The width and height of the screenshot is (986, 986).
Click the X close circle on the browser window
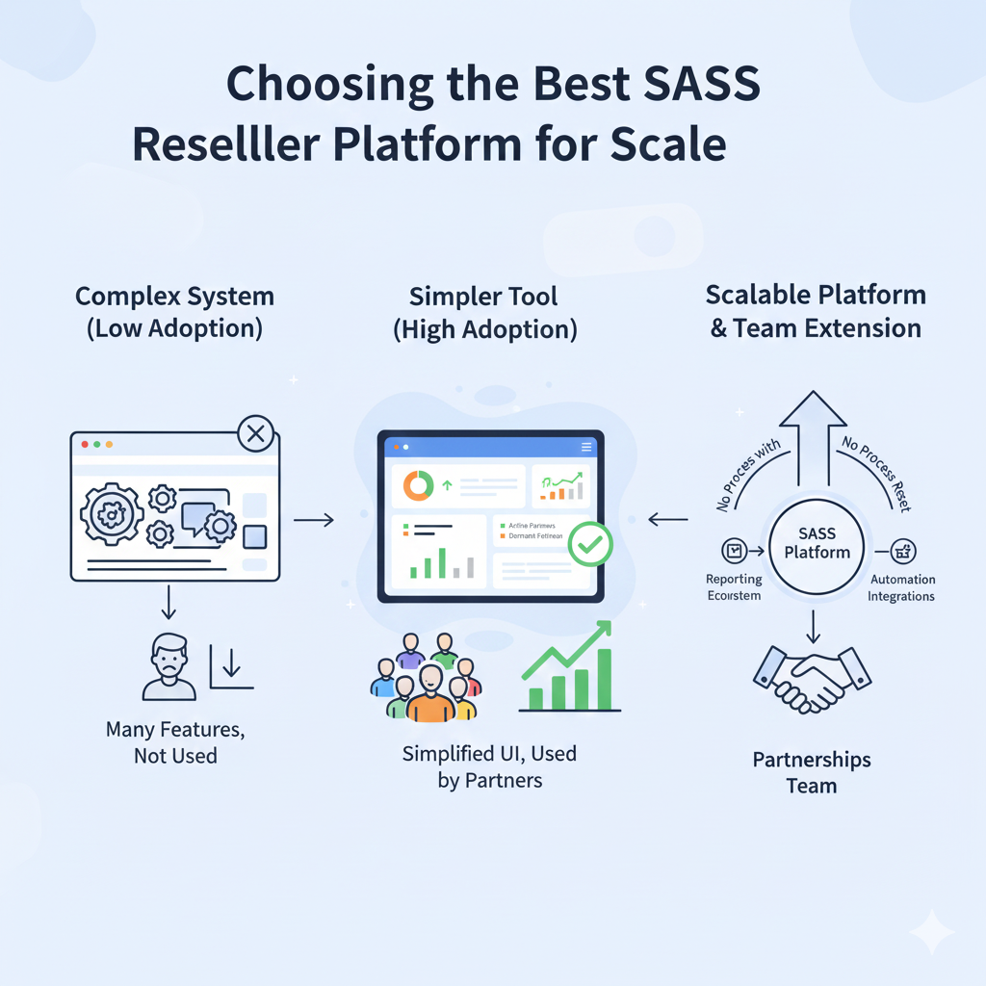coord(255,434)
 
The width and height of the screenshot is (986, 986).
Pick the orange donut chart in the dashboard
coord(418,485)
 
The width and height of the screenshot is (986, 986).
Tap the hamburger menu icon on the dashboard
coord(585,447)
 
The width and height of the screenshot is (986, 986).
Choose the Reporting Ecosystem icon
coord(735,551)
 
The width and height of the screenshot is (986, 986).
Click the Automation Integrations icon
coord(903,551)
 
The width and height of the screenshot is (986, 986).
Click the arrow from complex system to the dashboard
coord(313,520)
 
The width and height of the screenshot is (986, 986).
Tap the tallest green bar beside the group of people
coord(604,679)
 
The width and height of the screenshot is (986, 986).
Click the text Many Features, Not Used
coord(175,742)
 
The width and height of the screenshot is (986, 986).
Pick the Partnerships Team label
coord(812,772)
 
